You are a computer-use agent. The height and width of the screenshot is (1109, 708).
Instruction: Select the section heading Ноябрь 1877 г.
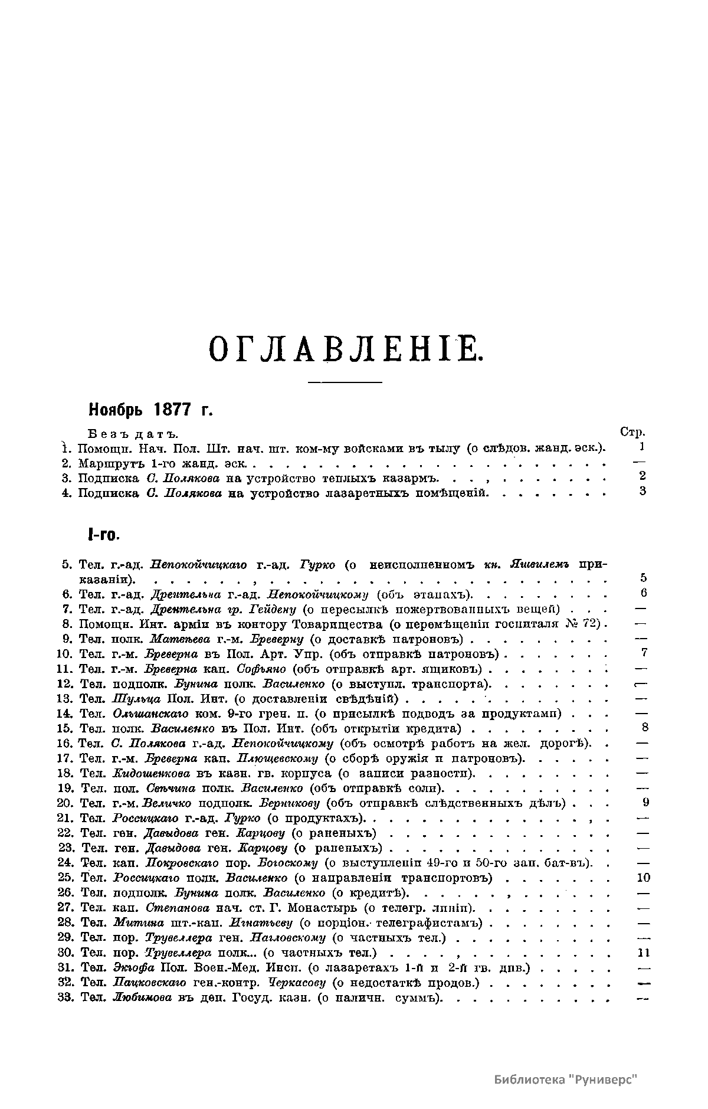click(150, 409)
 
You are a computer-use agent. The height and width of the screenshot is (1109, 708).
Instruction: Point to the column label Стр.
click(633, 432)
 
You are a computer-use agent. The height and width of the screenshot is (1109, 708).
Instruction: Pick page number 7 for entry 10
click(644, 652)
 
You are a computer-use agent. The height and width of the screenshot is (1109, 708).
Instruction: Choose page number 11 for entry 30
click(644, 953)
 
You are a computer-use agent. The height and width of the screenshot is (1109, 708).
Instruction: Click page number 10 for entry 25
click(644, 878)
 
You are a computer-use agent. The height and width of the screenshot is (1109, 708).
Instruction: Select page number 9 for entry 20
click(645, 802)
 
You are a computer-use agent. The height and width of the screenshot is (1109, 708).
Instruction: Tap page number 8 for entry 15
click(645, 727)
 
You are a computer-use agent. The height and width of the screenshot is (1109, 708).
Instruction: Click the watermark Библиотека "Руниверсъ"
click(566, 1079)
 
